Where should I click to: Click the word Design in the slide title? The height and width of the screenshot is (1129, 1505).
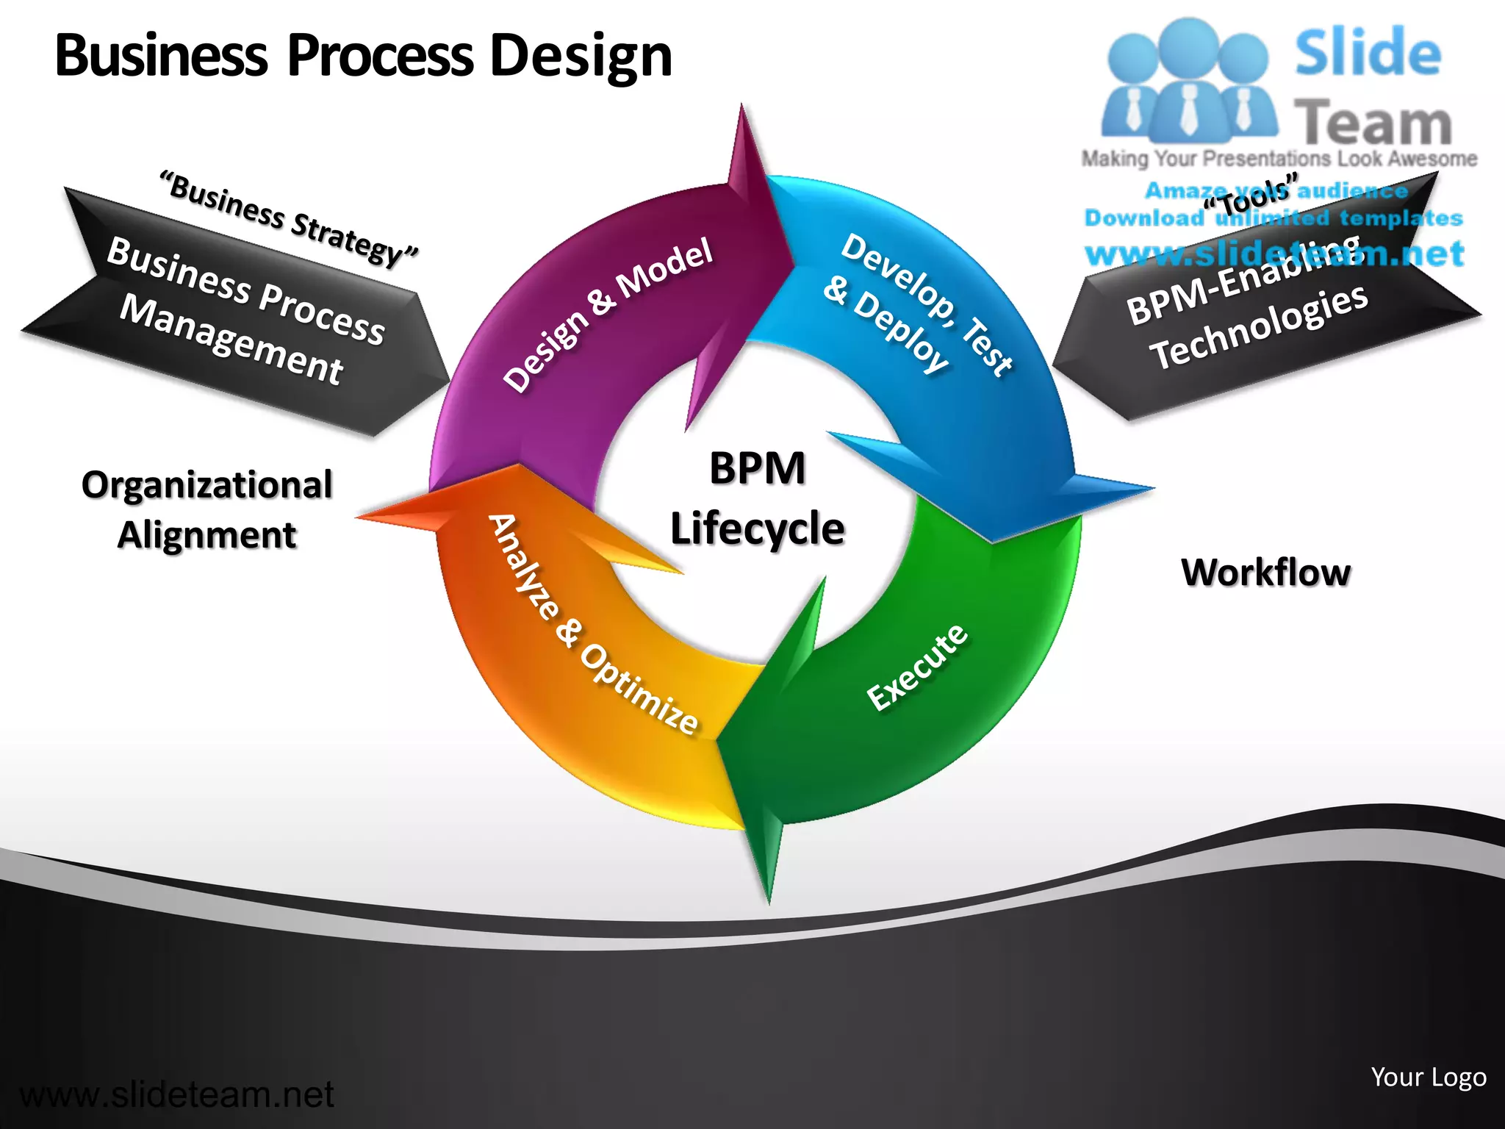pos(581,56)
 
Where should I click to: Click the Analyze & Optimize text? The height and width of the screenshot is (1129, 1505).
pos(592,624)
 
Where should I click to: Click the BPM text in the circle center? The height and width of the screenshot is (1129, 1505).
pos(757,468)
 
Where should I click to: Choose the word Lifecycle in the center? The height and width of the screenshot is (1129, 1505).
pos(757,528)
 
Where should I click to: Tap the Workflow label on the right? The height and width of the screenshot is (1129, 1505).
pos(1265,573)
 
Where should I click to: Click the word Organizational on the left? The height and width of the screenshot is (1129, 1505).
pos(207,485)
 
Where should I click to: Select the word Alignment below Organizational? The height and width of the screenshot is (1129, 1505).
pos(207,535)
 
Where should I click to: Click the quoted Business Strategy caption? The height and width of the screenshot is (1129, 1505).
pos(290,218)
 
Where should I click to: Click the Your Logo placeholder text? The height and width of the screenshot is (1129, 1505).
pos(1428,1077)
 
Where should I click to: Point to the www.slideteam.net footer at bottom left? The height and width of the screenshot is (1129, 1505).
pos(176,1094)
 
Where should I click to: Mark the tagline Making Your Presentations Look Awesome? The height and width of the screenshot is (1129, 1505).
pos(1279,159)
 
